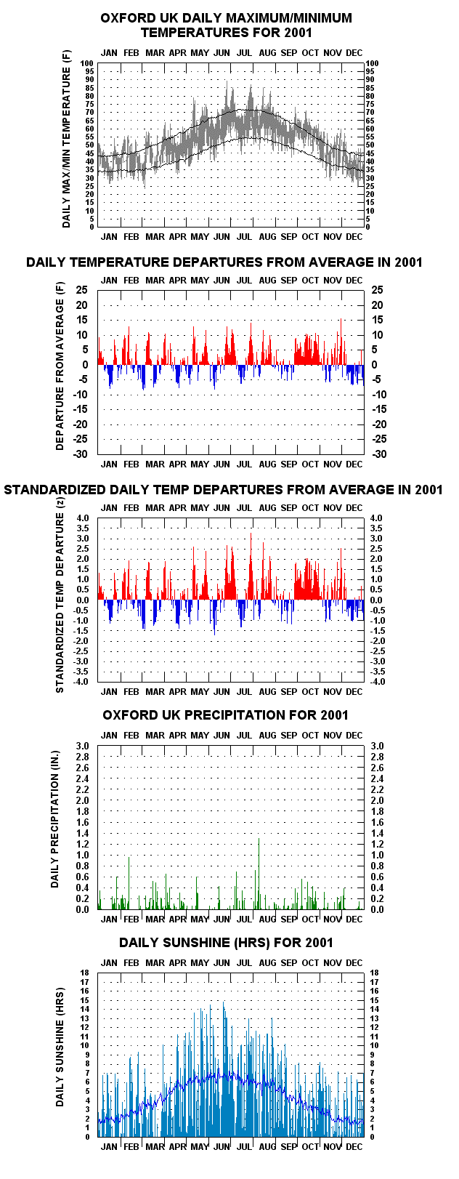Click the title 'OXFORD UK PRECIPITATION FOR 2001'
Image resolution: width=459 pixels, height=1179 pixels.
coord(226,715)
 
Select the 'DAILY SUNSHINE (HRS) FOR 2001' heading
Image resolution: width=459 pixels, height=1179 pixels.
coord(226,942)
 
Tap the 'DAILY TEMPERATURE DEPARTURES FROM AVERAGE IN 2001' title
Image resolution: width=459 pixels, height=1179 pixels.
coord(224,262)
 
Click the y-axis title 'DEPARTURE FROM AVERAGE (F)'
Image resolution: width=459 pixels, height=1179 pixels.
coord(60,366)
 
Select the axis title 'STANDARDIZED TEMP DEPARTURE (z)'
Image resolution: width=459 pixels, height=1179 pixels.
coord(60,602)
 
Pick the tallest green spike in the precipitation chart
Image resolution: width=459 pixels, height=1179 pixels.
coord(259,874)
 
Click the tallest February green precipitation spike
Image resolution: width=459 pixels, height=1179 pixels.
coord(129,883)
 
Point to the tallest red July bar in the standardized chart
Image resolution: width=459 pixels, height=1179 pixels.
coord(251,566)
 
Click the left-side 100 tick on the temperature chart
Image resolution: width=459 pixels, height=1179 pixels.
coord(87,63)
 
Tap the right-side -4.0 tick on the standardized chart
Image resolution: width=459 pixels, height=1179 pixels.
coord(378,682)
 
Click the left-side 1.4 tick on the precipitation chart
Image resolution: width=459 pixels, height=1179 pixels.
coord(83,833)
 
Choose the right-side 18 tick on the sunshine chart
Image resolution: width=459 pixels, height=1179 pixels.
coord(374,973)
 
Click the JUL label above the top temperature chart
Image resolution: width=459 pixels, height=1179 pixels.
coord(245,52)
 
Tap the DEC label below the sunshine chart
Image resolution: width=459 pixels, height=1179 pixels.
coord(354,1146)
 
